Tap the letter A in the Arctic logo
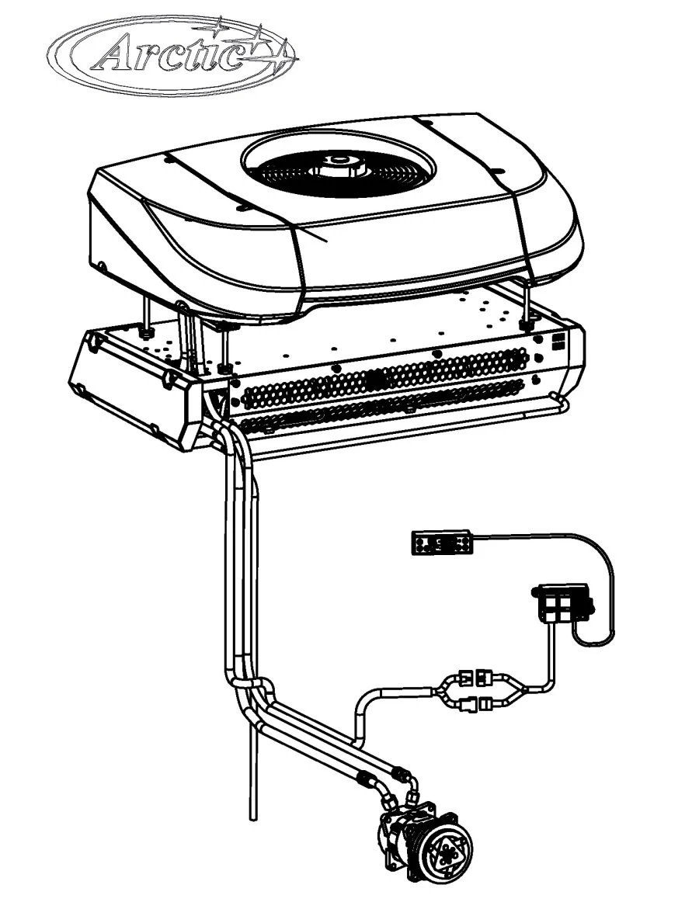click(116, 56)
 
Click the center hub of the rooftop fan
click(339, 162)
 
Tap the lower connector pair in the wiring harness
click(475, 705)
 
